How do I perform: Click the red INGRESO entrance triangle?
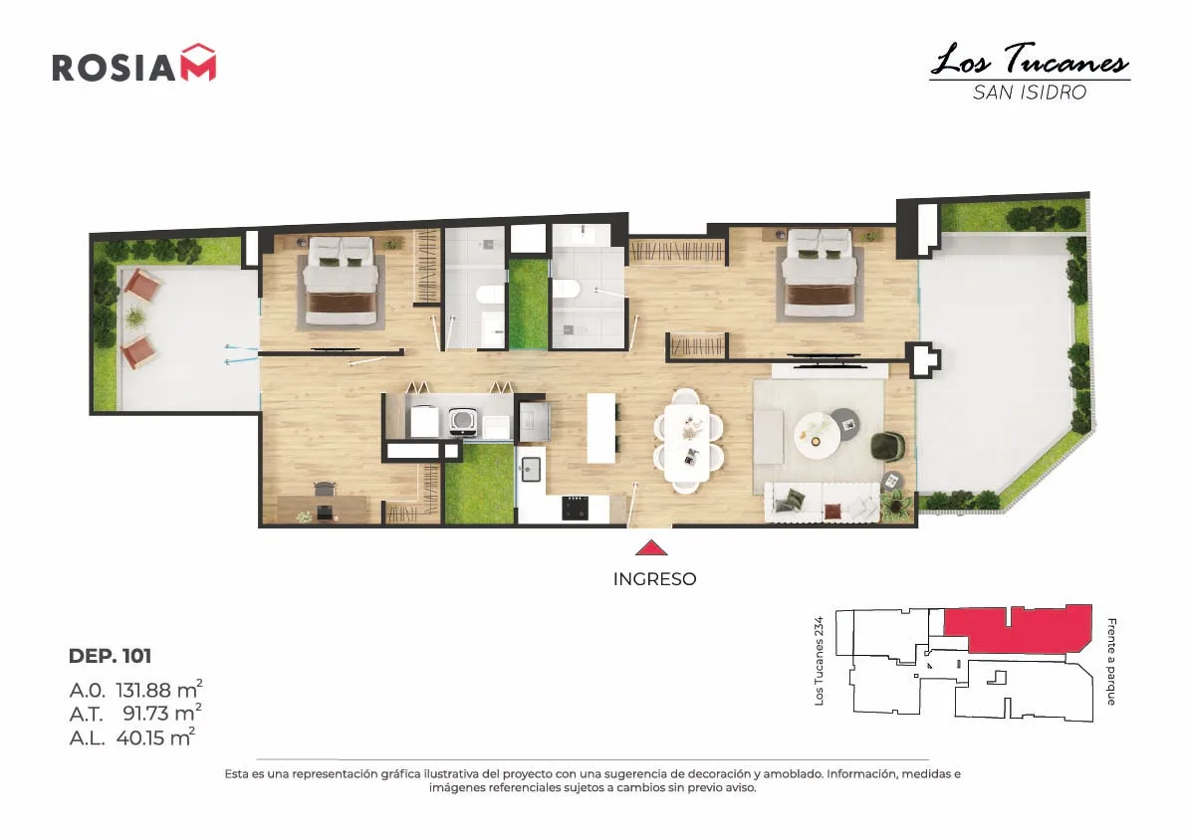[x=651, y=547]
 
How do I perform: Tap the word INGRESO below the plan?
[x=654, y=579]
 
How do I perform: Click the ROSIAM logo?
[x=133, y=64]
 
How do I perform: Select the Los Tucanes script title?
[x=1030, y=60]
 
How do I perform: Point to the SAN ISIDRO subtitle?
[x=1030, y=93]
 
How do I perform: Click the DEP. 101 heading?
[x=110, y=656]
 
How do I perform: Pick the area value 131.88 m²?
[x=159, y=690]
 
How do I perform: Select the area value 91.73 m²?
[x=162, y=713]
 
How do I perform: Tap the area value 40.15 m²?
[x=155, y=736]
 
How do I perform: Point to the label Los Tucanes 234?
[x=819, y=661]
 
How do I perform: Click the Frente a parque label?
[x=1111, y=662]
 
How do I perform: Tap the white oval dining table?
[x=687, y=442]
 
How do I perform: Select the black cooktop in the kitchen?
[x=576, y=508]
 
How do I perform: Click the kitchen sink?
[x=530, y=470]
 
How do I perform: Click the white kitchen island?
[x=601, y=428]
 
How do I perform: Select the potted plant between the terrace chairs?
[x=133, y=317]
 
